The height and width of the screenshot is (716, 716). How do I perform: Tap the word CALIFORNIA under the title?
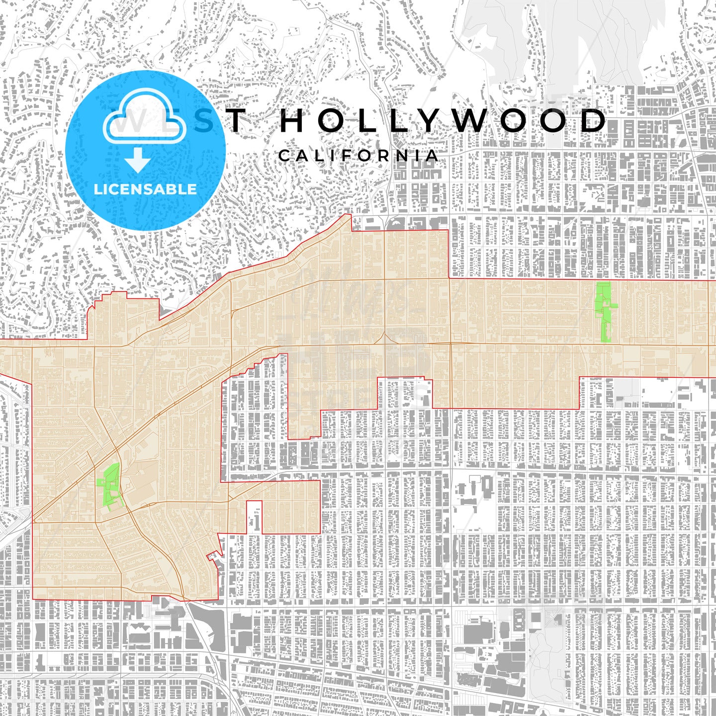(358, 156)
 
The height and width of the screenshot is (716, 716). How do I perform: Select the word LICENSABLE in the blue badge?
(145, 189)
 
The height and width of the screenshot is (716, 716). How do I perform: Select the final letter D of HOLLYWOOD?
(594, 121)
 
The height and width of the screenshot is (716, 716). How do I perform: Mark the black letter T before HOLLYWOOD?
(236, 121)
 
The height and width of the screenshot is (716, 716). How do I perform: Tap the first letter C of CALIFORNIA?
(284, 156)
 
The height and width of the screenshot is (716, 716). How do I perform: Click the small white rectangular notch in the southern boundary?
(254, 517)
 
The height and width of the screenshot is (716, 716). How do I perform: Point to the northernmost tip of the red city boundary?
(347, 215)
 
